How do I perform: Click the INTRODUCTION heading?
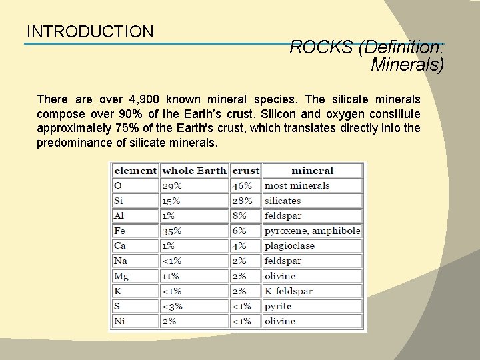pos(90,31)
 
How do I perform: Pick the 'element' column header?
pos(135,171)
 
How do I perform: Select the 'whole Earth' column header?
pos(194,171)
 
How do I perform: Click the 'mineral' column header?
pos(313,171)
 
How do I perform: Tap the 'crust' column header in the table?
pos(245,171)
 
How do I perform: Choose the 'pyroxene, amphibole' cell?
pos(312,231)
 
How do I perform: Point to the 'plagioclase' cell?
pos(289,246)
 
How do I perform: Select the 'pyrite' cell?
pos(278,306)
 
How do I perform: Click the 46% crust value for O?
pos(242,185)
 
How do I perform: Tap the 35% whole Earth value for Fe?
pos(172,231)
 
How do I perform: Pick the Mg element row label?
pos(121,276)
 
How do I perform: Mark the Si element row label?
pos(119,201)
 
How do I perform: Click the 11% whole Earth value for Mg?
pos(171,276)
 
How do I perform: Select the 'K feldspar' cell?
pos(288,291)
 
